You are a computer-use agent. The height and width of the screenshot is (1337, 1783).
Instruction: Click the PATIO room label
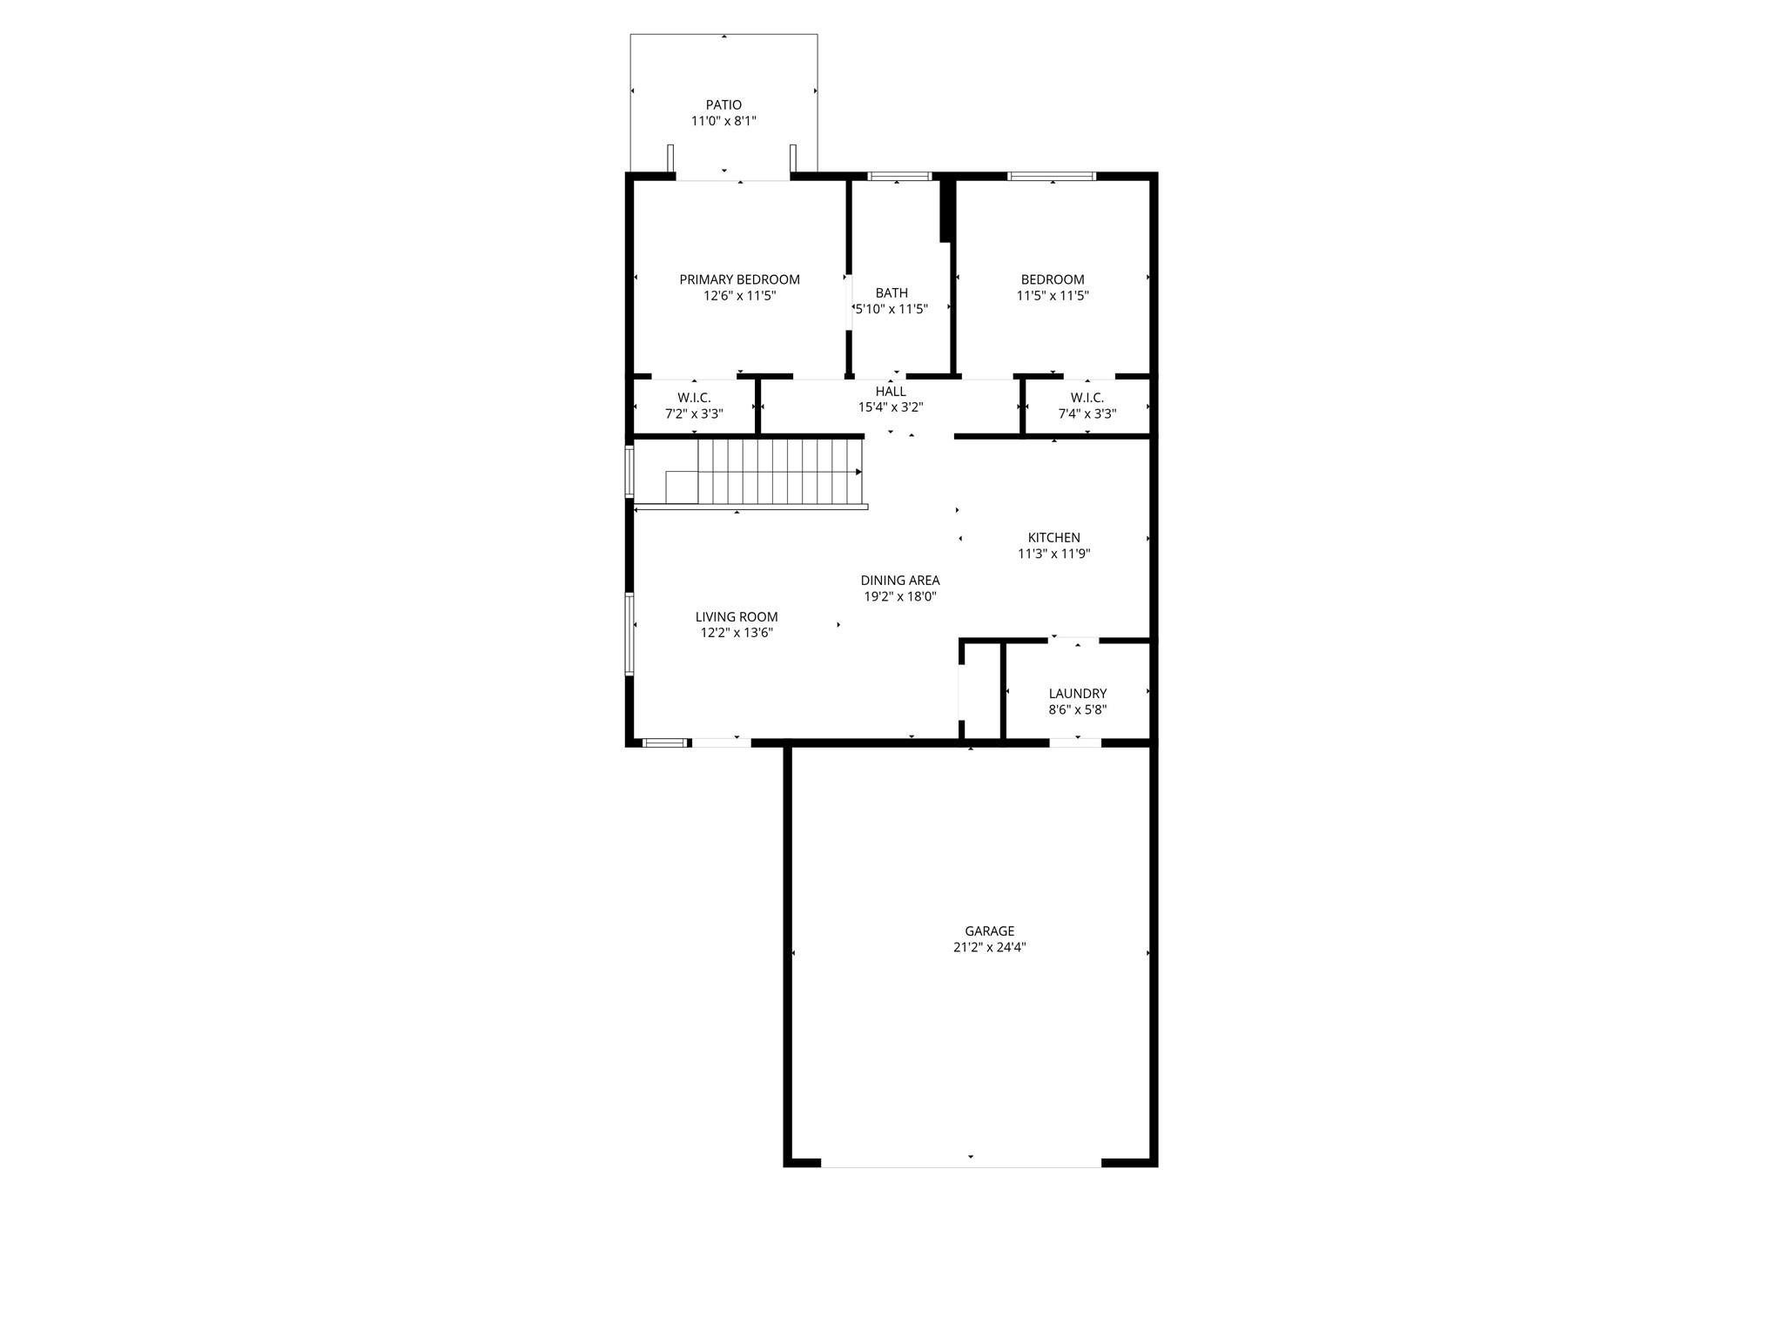click(723, 105)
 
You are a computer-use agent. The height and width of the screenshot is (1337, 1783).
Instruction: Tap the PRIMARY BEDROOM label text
click(739, 279)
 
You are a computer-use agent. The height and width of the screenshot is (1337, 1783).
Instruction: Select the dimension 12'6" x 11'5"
click(739, 296)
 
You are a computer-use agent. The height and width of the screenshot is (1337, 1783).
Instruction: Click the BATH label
click(891, 293)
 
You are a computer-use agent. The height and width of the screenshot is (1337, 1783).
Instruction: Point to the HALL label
click(891, 392)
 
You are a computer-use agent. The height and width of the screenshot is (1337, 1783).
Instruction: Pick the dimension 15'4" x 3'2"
click(891, 407)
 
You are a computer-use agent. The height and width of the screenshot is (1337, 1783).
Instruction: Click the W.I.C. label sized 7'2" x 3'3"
click(694, 398)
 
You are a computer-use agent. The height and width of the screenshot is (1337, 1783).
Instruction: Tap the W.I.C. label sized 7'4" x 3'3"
click(1087, 398)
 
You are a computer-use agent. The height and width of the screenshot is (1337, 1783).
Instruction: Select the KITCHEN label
click(1053, 538)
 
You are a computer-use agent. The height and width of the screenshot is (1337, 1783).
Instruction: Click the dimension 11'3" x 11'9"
click(1053, 554)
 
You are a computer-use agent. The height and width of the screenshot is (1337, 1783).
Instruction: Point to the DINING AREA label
click(899, 581)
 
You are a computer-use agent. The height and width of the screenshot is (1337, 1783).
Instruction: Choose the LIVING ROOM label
click(737, 617)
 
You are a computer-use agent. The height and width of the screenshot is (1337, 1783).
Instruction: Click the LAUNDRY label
click(1077, 694)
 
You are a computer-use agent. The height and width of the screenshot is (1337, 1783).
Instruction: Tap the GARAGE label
click(989, 931)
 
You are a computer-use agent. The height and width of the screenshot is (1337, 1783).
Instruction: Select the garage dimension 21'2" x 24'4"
click(989, 948)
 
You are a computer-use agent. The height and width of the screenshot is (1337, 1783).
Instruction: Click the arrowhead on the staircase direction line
click(858, 472)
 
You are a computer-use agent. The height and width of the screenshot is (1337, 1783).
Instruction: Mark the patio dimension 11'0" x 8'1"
click(723, 122)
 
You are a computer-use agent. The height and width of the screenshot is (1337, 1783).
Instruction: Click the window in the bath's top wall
click(899, 177)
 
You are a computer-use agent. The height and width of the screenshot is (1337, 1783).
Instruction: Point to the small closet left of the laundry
click(981, 692)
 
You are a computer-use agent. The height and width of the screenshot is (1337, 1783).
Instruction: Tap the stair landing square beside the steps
click(682, 487)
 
